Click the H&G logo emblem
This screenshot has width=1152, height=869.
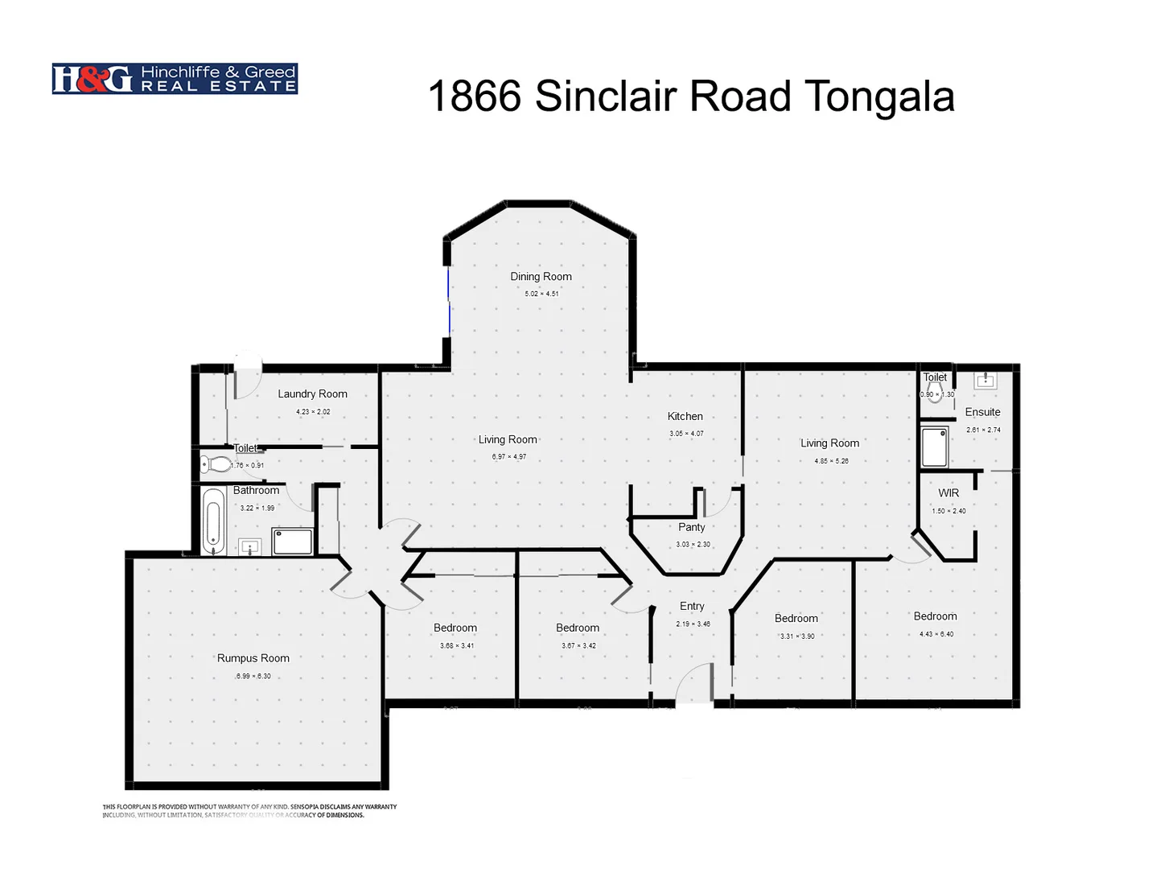tap(92, 79)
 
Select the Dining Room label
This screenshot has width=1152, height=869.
tap(541, 277)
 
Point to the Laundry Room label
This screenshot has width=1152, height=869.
tap(312, 394)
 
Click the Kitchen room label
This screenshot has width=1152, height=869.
tap(685, 417)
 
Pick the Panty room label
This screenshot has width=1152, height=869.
tap(691, 528)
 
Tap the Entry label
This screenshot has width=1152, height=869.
tap(691, 607)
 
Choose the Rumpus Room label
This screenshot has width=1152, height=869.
tap(253, 658)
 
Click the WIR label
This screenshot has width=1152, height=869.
tap(948, 493)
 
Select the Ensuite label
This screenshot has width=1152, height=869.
tap(982, 412)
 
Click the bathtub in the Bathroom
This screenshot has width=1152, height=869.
tap(213, 521)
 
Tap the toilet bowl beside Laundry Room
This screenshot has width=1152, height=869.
tap(215, 463)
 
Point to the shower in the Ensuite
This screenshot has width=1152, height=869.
tap(934, 447)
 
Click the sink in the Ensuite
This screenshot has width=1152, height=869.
tap(985, 380)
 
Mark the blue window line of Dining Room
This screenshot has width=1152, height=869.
tap(449, 302)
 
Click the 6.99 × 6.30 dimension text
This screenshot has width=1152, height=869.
tap(253, 677)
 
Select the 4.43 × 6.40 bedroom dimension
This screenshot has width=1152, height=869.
tap(936, 634)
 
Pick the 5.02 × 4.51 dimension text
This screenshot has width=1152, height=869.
tap(541, 294)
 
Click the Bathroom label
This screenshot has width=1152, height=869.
tap(256, 491)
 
